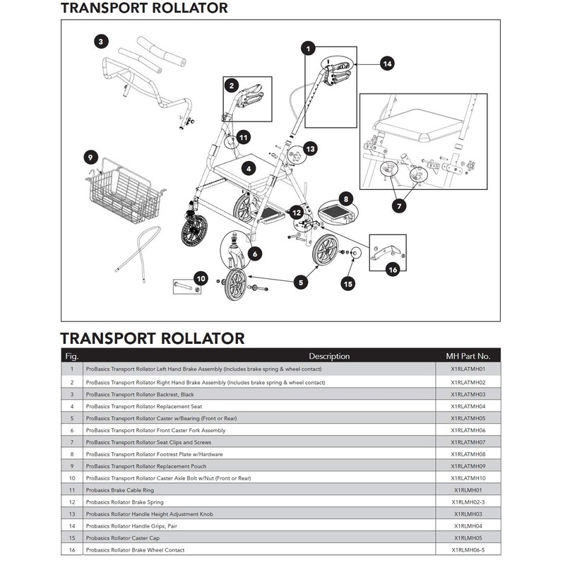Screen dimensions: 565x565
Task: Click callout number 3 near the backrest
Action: coord(102,42)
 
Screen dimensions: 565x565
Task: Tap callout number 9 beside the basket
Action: coord(90,156)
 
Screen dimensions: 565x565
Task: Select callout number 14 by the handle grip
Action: coord(386,64)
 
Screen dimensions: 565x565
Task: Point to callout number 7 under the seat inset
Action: coord(400,206)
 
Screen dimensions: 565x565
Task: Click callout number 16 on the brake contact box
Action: coord(393,268)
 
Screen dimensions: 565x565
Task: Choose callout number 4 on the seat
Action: coord(248,169)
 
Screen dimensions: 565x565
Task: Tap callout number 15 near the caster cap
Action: coord(347,284)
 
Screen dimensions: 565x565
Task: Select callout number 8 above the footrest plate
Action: coord(345,200)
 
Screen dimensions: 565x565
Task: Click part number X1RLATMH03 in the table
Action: coord(468,394)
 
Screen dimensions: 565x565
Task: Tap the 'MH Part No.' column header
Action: coord(468,356)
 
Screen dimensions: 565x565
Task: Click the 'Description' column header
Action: coord(328,356)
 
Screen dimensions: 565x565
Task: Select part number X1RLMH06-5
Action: coord(468,549)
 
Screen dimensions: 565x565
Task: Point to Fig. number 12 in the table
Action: coord(71,501)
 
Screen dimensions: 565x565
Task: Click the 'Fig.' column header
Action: coord(71,356)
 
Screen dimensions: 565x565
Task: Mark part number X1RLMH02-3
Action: coord(468,501)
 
